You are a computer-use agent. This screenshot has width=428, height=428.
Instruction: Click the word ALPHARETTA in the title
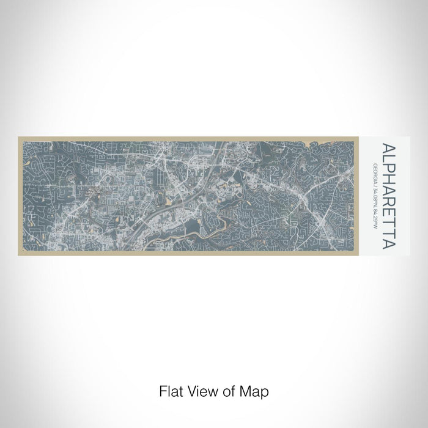[388, 196]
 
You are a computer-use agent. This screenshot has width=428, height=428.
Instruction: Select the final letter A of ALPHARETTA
[388, 244]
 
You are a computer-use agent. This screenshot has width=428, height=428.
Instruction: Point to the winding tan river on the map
[232, 220]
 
